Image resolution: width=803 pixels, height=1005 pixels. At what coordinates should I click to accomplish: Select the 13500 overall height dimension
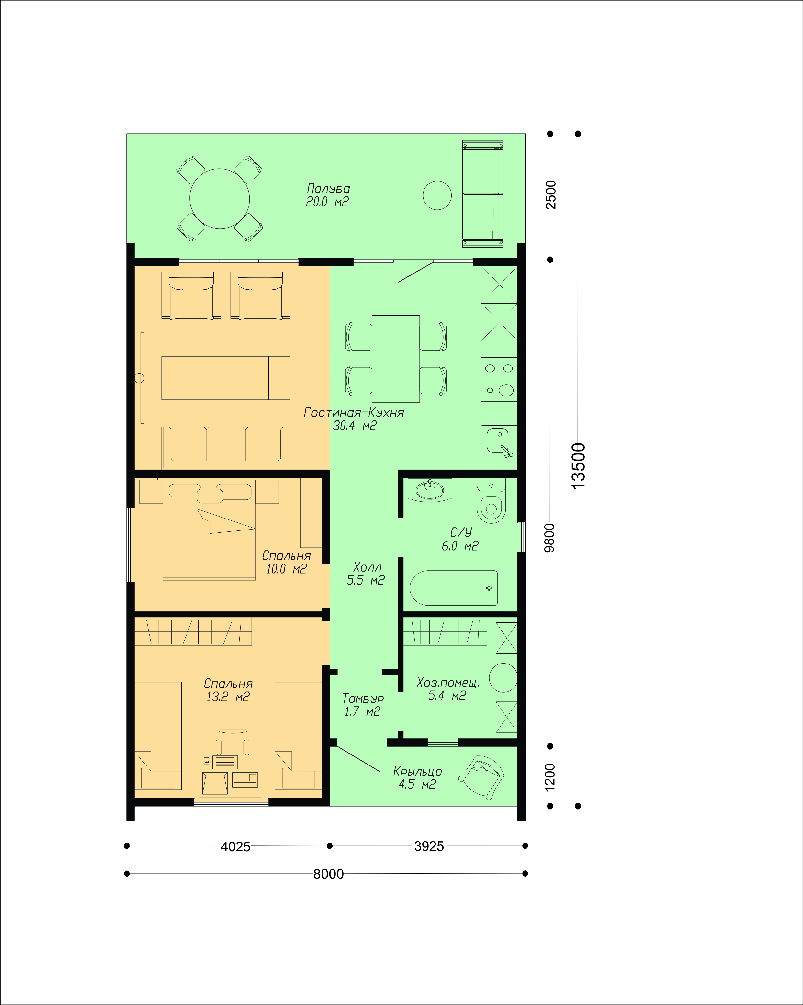[578, 466]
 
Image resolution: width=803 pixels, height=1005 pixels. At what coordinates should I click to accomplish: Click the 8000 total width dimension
[328, 874]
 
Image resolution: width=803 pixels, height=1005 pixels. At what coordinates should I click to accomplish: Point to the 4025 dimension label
[235, 846]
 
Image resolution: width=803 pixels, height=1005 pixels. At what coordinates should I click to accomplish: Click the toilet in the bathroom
[491, 500]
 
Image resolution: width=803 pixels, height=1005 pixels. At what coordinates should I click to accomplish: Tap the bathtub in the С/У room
[453, 588]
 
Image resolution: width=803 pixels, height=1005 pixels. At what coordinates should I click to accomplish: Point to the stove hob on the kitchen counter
[499, 379]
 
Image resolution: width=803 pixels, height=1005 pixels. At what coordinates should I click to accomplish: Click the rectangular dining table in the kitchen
[395, 358]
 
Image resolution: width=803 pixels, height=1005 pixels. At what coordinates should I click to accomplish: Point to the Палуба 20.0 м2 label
[328, 195]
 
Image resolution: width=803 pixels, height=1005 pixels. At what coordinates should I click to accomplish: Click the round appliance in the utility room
[503, 678]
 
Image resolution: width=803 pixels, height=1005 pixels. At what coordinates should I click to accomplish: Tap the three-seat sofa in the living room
[226, 448]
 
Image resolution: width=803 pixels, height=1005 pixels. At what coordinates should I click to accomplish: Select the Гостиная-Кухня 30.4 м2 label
[354, 419]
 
